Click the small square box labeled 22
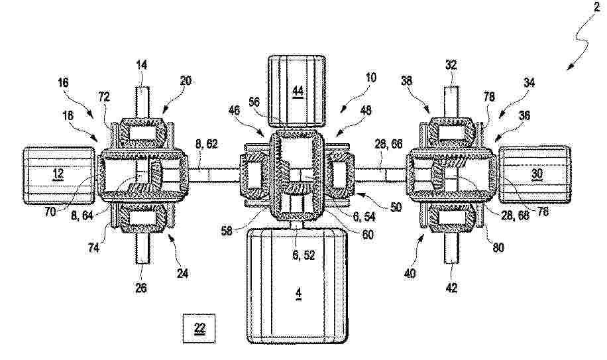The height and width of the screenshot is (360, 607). tap(199, 328)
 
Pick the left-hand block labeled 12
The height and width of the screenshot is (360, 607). tap(59, 174)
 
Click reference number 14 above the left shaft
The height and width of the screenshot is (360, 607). tap(142, 65)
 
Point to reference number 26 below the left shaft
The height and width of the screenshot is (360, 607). tap(141, 288)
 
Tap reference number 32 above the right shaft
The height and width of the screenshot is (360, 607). tap(451, 65)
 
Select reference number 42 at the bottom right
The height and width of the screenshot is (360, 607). tap(452, 288)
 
